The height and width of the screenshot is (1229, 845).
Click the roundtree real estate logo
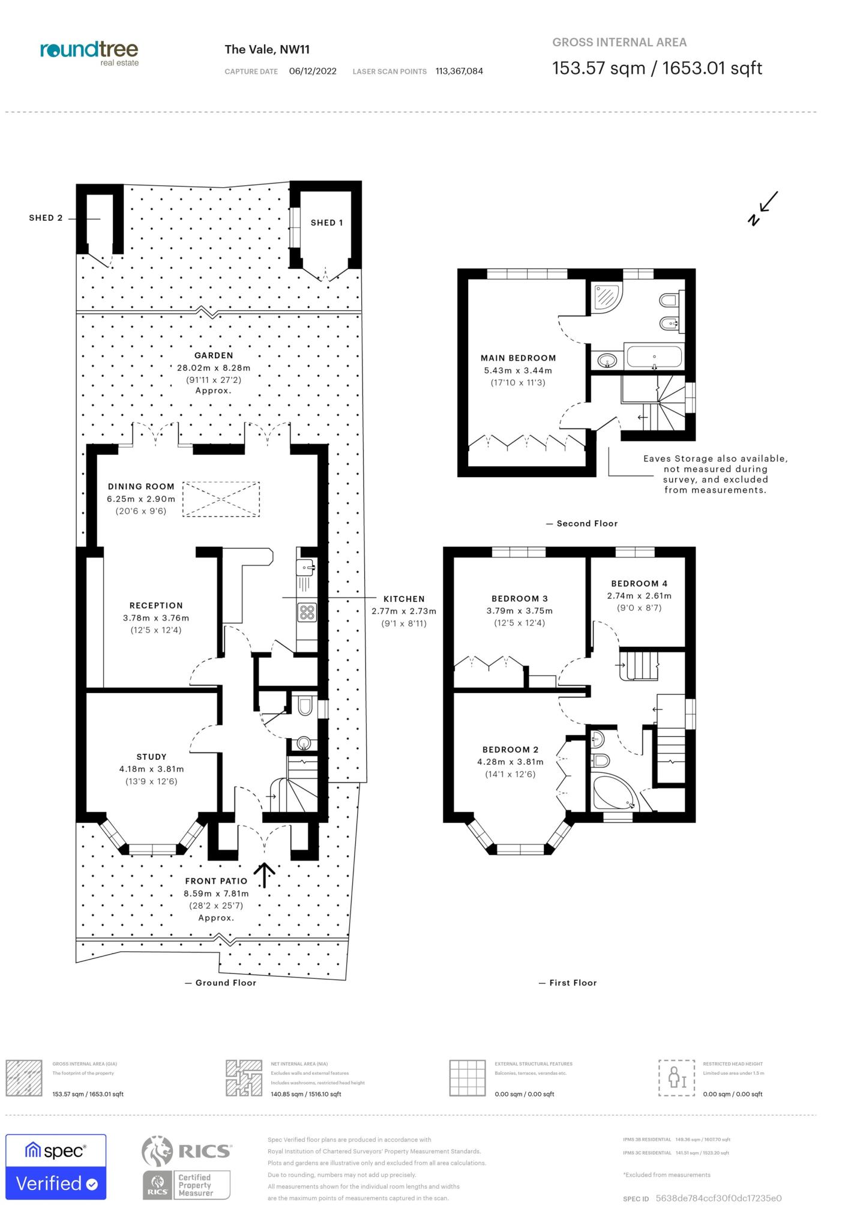click(x=89, y=53)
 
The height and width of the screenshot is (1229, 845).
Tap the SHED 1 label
click(x=326, y=223)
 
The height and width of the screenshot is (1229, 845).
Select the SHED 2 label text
click(x=46, y=218)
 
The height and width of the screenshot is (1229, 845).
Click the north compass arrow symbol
click(x=763, y=208)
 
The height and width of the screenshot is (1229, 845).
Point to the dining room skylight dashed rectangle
click(x=221, y=499)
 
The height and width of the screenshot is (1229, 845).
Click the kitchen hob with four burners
click(x=307, y=612)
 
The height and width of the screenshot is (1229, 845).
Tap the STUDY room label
click(x=151, y=757)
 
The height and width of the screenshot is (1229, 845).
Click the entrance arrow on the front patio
click(x=264, y=875)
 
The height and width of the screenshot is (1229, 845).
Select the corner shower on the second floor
click(x=606, y=298)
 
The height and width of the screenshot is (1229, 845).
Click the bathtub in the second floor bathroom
click(x=654, y=358)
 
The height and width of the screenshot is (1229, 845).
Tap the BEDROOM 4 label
click(x=639, y=583)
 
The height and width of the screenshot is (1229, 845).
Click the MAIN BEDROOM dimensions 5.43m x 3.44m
click(x=518, y=371)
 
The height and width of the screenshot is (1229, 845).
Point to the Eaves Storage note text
click(x=715, y=474)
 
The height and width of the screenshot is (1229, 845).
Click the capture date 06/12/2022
click(x=313, y=71)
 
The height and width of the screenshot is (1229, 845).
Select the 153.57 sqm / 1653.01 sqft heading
click(x=657, y=68)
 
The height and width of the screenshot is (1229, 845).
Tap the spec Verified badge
click(x=56, y=1167)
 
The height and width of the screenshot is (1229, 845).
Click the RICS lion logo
click(x=157, y=1150)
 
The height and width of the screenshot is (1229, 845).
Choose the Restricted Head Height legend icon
click(x=676, y=1078)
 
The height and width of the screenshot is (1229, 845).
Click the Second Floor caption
click(x=586, y=523)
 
